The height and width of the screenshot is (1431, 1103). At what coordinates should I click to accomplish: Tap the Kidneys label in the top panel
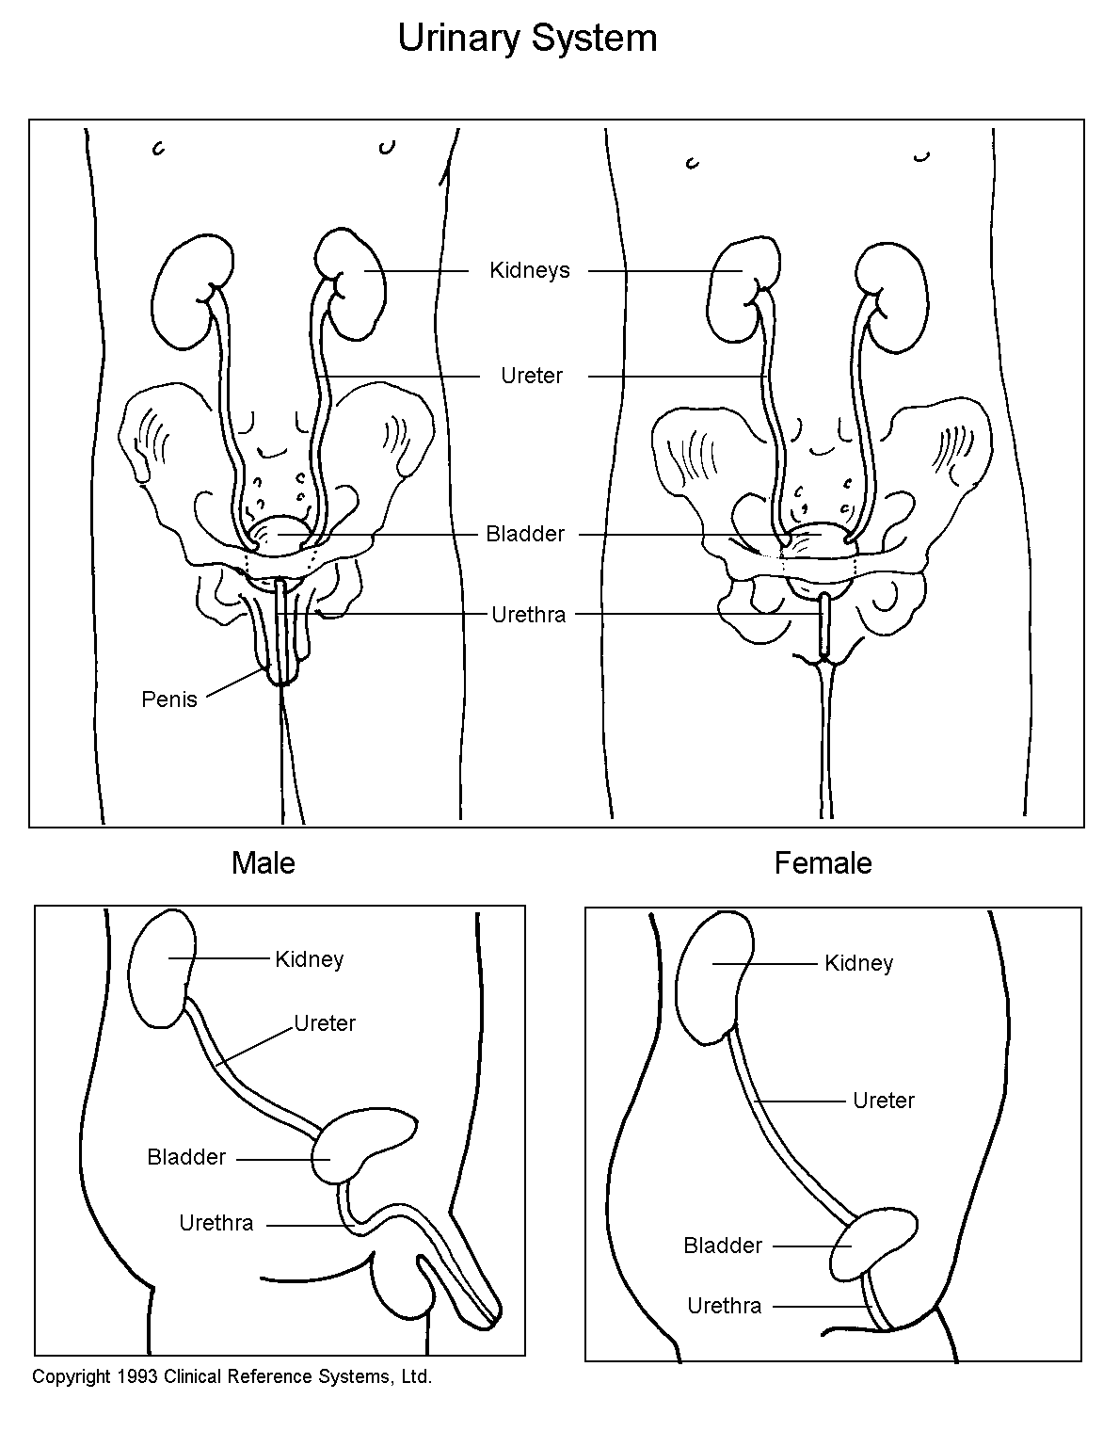coord(530,271)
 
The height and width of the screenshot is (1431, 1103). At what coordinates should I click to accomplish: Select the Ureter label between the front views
coord(532,377)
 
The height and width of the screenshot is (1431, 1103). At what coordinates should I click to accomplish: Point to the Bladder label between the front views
coord(525,535)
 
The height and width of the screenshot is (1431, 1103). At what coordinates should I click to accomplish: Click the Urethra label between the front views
coord(529,616)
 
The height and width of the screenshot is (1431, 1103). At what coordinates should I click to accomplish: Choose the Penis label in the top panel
coord(169,699)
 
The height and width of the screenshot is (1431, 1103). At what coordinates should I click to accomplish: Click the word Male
coord(264,863)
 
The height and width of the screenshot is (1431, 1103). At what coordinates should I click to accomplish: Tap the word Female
coord(823,863)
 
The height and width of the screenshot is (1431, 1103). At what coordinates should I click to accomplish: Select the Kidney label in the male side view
coord(310,959)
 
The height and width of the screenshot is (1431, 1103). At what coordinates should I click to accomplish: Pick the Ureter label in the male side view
coord(325,1023)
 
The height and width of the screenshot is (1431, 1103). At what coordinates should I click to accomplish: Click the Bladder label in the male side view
coord(186,1157)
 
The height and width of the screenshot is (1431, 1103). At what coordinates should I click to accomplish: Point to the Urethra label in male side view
coord(216,1223)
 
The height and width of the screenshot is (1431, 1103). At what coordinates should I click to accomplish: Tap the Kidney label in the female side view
coord(858,963)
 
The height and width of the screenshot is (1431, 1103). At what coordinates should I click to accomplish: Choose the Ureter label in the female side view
coord(883,1101)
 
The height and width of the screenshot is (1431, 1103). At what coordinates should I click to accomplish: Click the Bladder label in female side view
coord(723,1246)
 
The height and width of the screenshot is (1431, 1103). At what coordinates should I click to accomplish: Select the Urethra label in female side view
coord(724,1306)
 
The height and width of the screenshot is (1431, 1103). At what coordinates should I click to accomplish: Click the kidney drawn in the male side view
coord(162,970)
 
